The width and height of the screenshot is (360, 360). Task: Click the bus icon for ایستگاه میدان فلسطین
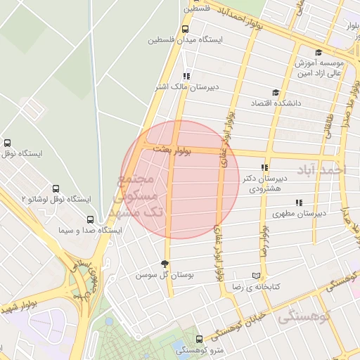pos(185,30)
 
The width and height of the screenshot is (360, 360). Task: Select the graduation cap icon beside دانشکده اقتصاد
pos(276,92)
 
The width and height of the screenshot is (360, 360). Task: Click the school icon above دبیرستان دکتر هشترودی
pos(264,168)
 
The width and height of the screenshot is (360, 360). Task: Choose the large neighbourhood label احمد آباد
pos(322,170)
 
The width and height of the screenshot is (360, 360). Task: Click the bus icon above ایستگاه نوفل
pos(8,143)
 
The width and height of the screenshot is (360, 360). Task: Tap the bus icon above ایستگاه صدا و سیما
pos(89,219)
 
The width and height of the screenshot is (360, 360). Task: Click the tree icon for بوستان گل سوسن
pos(165,264)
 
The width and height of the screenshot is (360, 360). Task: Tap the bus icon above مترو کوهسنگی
pos(198,339)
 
